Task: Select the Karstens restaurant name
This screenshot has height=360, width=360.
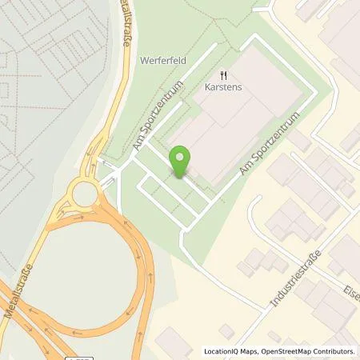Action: tap(223, 89)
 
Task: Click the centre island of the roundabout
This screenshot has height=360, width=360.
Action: tap(84, 193)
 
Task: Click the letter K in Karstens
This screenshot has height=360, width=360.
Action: tap(207, 89)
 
